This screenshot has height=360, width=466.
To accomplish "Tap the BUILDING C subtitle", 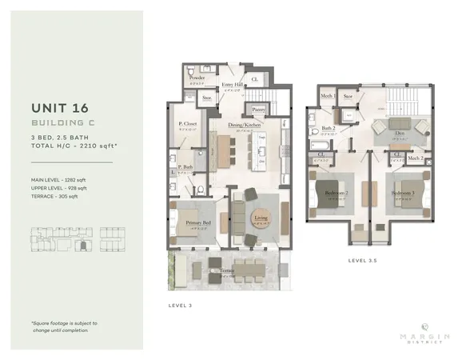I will tap(61, 123).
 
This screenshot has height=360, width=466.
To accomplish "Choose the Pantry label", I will tap(258, 109).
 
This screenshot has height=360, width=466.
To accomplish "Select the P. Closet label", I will tap(188, 124).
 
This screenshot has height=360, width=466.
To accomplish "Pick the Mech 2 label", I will tap(414, 158).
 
